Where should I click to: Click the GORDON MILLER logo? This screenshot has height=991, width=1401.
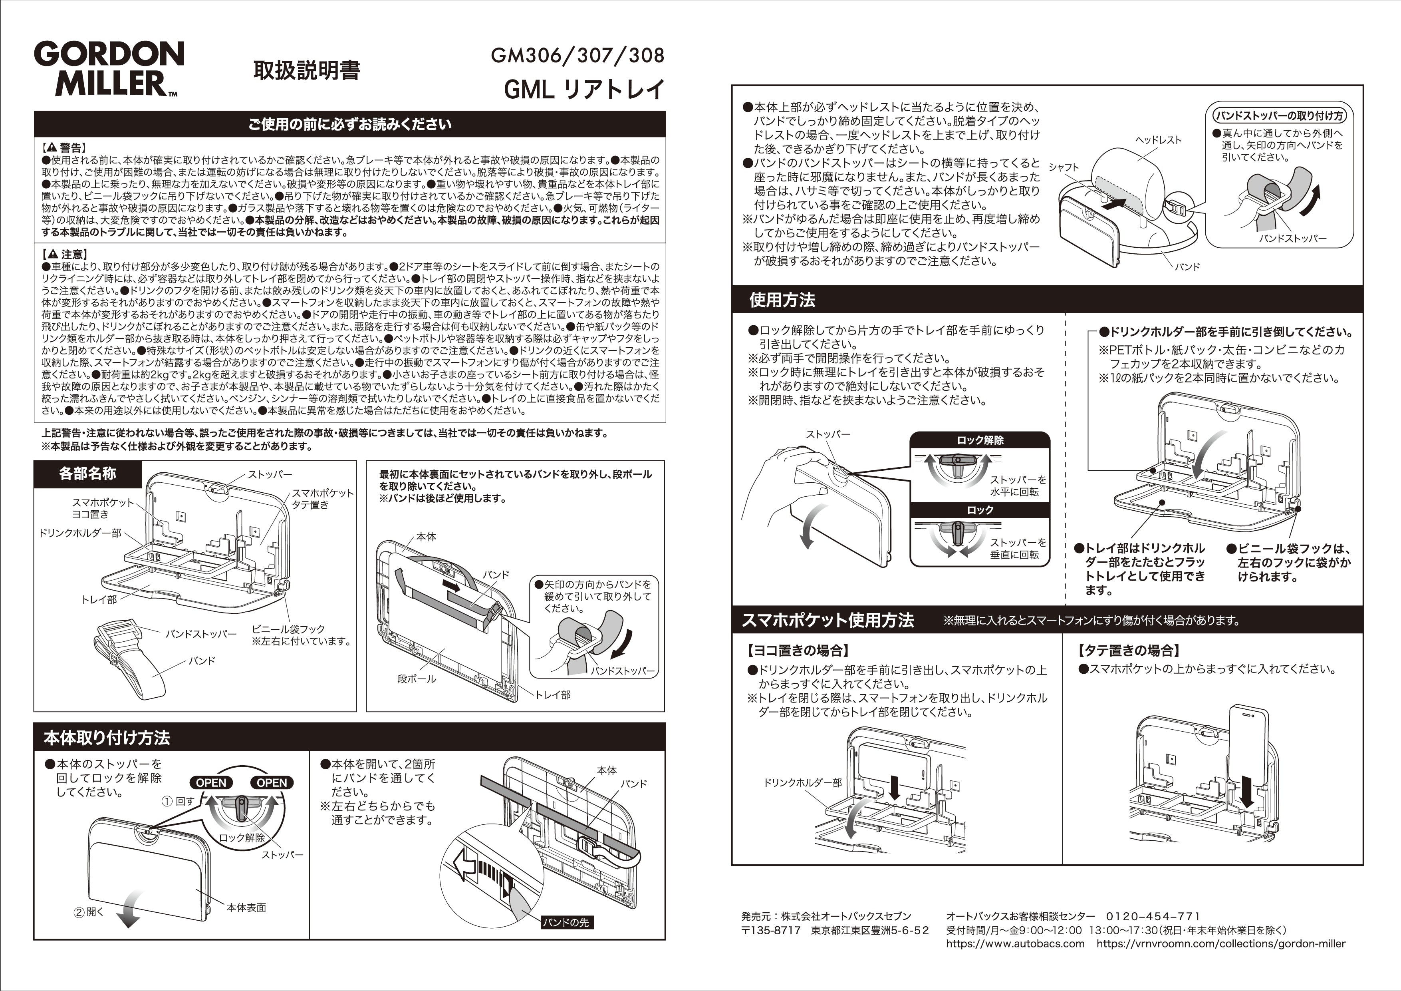109,68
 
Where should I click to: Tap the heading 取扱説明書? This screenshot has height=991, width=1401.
307,71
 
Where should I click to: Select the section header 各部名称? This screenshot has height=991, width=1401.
87,473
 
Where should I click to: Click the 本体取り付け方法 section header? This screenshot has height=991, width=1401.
106,738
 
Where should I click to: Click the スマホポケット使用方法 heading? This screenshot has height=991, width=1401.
828,620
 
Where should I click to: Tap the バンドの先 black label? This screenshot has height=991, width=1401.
566,922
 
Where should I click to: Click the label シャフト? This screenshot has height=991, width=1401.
1064,167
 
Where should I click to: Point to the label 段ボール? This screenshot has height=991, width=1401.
416,679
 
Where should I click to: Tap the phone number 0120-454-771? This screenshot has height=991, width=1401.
1153,916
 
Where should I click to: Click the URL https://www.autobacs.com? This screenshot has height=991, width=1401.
1015,943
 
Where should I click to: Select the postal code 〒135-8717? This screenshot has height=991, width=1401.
771,930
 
